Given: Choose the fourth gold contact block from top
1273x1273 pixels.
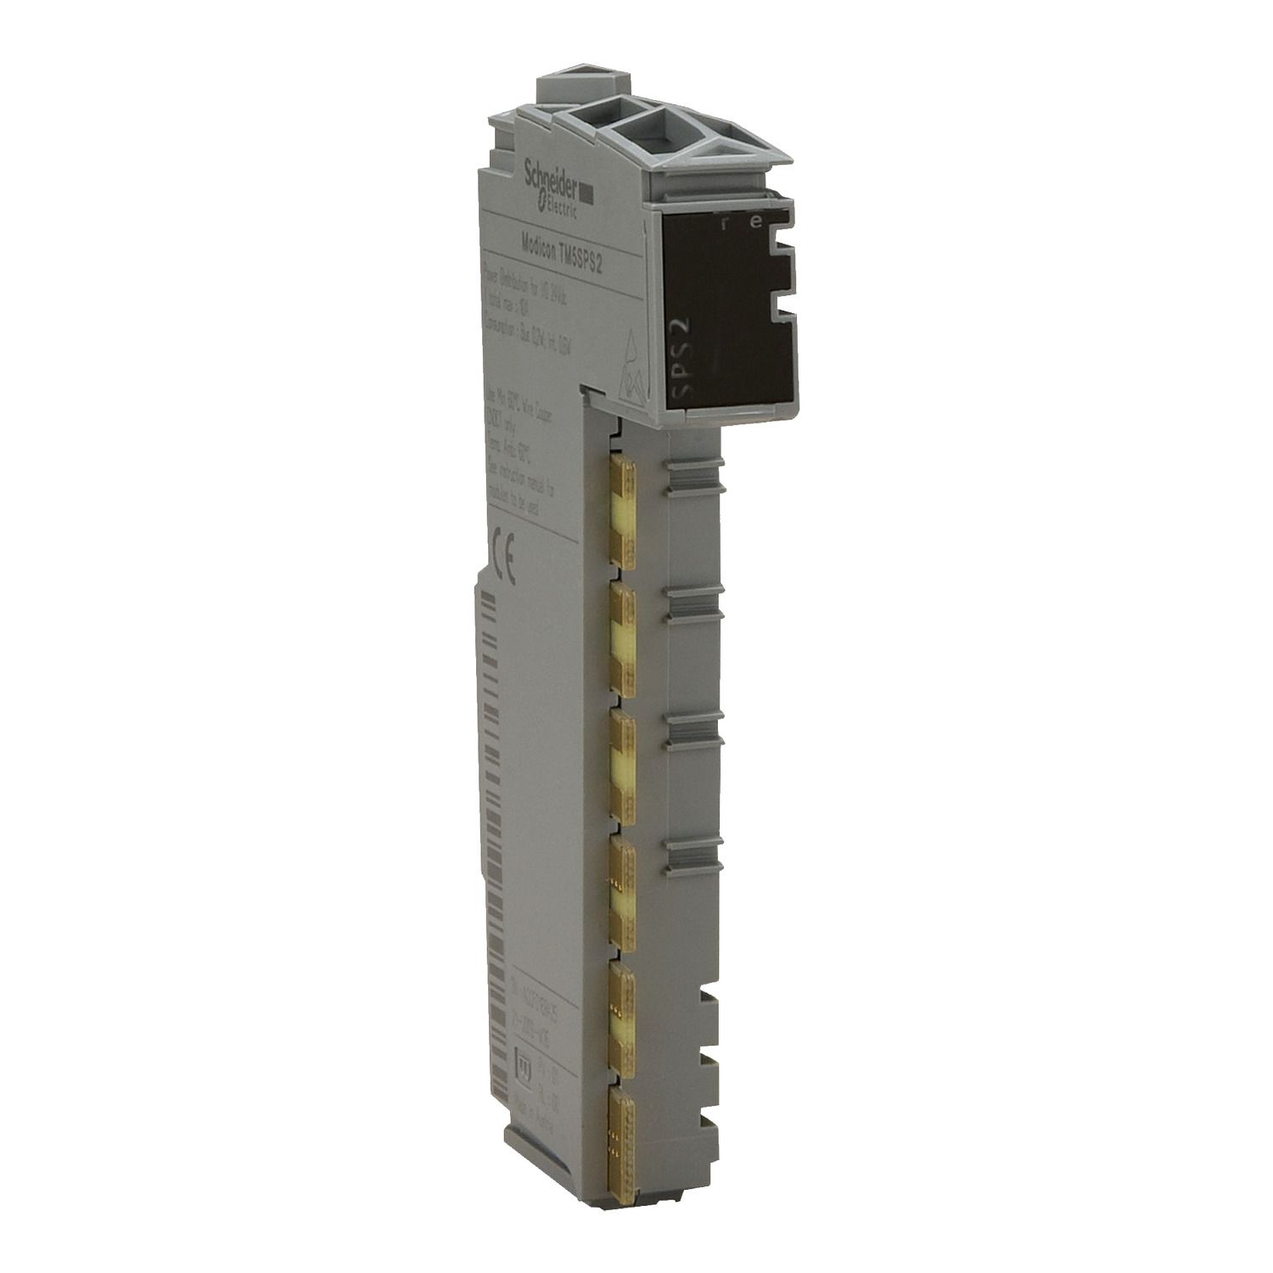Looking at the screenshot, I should coord(623,886).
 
